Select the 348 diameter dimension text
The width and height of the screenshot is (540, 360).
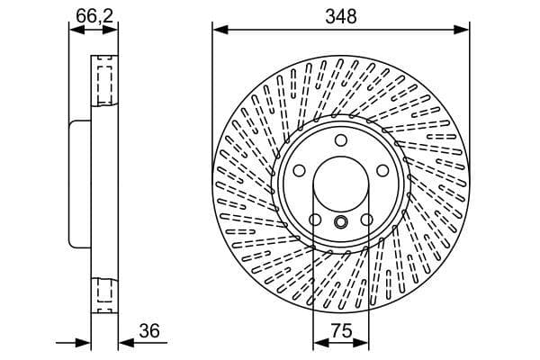coord(341,16)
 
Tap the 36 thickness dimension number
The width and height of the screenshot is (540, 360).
coord(149,331)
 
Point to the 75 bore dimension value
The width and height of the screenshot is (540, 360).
coord(341,331)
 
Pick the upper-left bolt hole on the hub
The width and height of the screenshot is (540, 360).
coord(300,170)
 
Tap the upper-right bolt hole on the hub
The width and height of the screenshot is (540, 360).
coord(382,170)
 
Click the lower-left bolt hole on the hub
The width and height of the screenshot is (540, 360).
coord(315,220)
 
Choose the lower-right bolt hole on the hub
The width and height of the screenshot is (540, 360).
coord(367,220)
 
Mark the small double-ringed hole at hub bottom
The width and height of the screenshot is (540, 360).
coord(341,222)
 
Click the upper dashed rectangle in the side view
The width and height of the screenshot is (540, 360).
coord(103,81)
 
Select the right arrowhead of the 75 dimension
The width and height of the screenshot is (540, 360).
coord(364,343)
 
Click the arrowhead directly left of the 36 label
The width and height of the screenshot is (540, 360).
coord(122,343)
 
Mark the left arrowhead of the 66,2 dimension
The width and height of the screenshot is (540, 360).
coord(74,30)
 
